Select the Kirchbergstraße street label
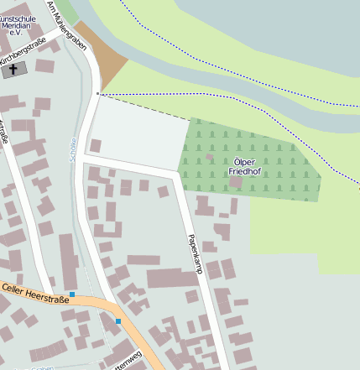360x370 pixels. click(23, 52)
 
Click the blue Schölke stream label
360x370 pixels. click(73, 149)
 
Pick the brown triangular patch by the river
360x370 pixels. click(107, 60)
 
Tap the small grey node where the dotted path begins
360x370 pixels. click(98, 93)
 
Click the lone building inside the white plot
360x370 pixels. click(96, 146)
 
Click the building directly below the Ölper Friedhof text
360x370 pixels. click(237, 181)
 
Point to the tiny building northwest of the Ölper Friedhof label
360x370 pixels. click(209, 157)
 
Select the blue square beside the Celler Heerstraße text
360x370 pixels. click(72, 294)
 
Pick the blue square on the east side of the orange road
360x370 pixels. click(118, 321)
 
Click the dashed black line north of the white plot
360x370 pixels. click(143, 107)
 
